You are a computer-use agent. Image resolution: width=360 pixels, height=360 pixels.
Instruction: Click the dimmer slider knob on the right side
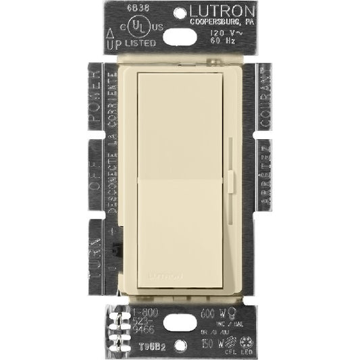click(x=233, y=180)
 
